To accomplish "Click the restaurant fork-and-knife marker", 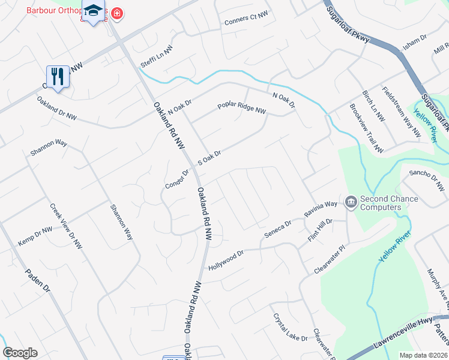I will [x=58, y=77].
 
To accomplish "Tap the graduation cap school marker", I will [x=93, y=11].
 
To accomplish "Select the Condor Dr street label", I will [x=177, y=179].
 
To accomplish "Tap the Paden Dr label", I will [x=37, y=280].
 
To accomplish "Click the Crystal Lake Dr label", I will [x=290, y=327].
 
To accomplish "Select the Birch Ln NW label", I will [x=373, y=106].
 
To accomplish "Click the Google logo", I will [x=20, y=353].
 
